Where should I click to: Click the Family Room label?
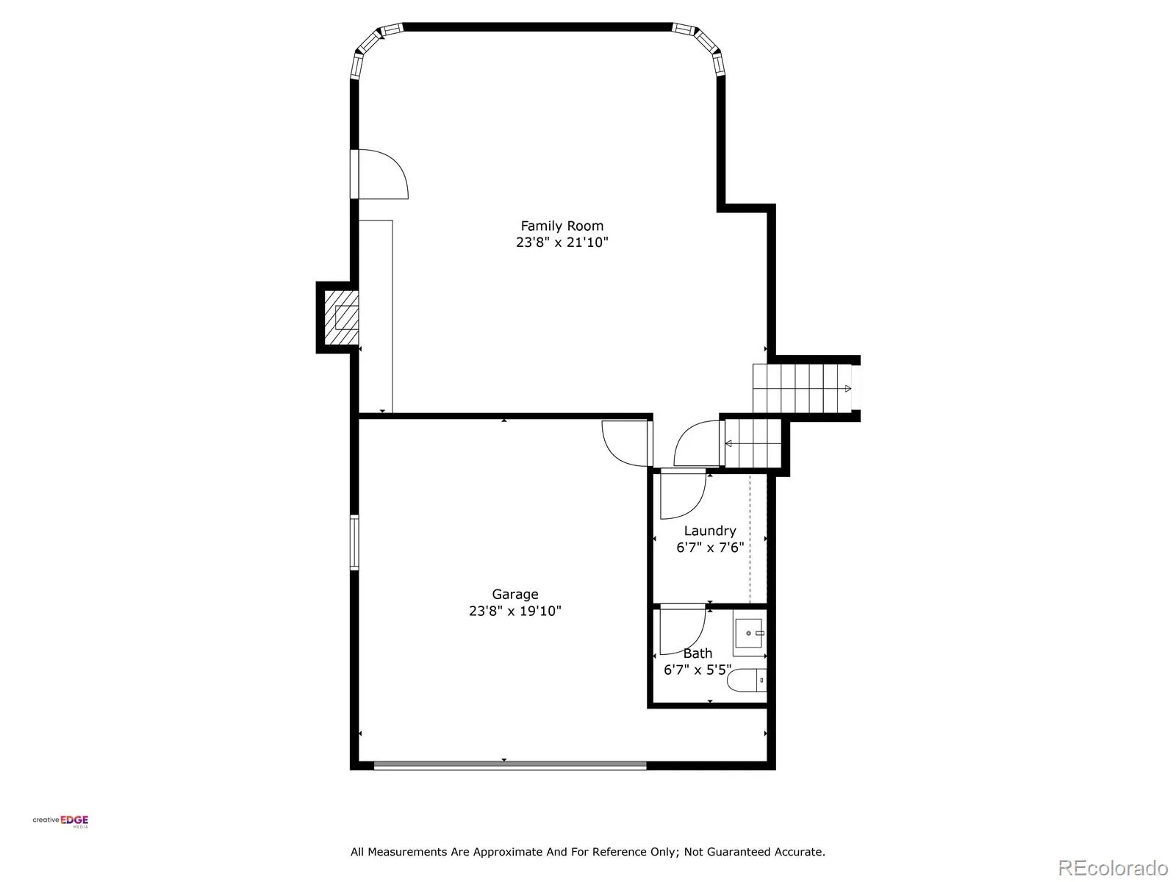tap(562, 226)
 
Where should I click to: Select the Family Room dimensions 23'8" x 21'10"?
tap(562, 242)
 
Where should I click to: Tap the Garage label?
tap(515, 595)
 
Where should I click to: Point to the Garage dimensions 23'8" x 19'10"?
tap(515, 611)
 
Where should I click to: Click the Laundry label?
tap(710, 531)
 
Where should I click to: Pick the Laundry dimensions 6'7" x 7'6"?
tap(710, 548)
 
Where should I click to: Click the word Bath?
tap(698, 653)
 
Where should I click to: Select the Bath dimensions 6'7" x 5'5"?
tap(698, 670)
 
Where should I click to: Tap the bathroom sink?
tap(750, 637)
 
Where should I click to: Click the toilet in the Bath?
tap(747, 680)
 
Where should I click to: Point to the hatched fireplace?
tap(341, 318)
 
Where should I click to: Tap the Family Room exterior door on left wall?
tap(379, 174)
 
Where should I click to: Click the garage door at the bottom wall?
tap(510, 765)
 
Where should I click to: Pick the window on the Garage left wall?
tap(354, 542)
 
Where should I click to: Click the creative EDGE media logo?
tap(60, 822)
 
